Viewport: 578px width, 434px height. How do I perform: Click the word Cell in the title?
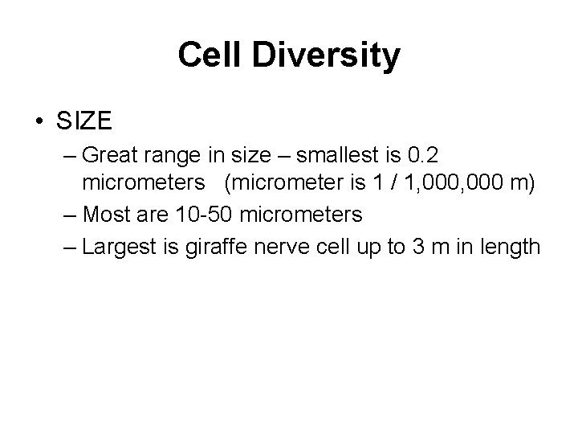pos(207,55)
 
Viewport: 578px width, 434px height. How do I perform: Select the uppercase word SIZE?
pos(84,123)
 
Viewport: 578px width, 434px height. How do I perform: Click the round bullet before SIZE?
pos(39,123)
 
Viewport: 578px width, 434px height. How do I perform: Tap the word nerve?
pos(296,246)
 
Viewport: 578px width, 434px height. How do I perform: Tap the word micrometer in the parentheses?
pos(291,184)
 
